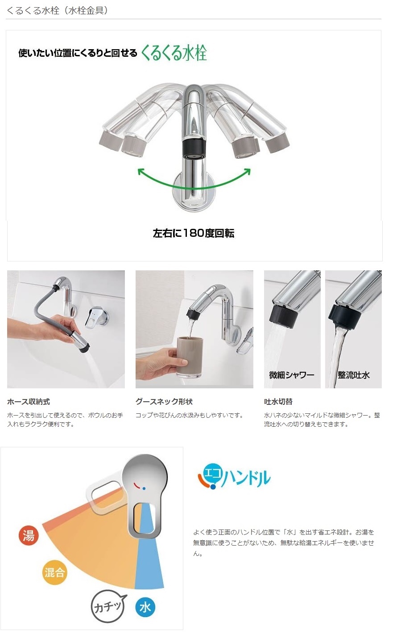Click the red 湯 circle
pos(29,535)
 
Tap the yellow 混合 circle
pos(54,572)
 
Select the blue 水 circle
pos(145,607)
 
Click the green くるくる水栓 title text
pos(174,53)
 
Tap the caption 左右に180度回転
pos(194,233)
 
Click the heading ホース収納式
pos(29,402)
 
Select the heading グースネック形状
pos(164,402)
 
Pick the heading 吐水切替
pos(278,402)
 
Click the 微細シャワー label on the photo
pos(292,375)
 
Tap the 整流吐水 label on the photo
pos(354,375)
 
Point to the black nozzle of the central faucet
pos(194,149)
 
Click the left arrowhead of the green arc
pos(141,172)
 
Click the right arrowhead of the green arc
pos(247,172)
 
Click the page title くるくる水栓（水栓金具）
pos(57,11)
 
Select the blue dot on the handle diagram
pos(144,489)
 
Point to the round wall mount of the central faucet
pos(194,191)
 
